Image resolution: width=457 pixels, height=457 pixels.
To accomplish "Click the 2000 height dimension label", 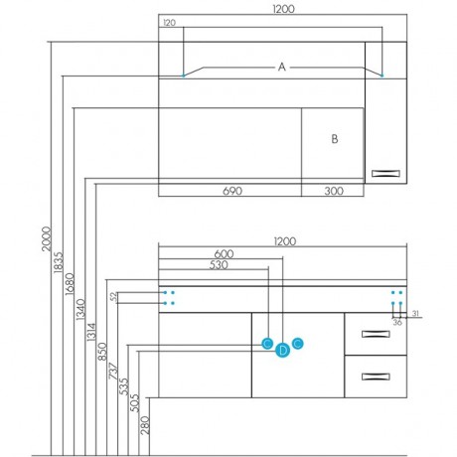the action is point(47,238).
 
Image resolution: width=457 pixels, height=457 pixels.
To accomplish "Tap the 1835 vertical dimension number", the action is point(58,262).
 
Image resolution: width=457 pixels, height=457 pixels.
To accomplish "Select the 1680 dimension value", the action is point(70,284).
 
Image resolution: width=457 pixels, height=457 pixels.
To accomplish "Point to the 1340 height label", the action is point(80,310).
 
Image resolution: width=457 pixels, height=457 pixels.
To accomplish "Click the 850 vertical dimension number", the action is point(102,352).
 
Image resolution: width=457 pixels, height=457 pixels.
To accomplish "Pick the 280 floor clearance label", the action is point(145,425).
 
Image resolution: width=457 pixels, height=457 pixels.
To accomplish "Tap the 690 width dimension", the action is point(232,191).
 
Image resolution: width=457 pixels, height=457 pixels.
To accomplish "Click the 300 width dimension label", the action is point(334,191).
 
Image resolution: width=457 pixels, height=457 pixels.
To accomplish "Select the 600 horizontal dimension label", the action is point(224,254).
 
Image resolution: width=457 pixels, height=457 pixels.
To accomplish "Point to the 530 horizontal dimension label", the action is point(219,265).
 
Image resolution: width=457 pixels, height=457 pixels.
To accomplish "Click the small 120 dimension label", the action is point(169,23).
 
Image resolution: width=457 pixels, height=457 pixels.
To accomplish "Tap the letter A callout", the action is point(281,68).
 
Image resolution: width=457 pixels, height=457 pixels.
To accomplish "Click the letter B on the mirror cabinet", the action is point(335,139).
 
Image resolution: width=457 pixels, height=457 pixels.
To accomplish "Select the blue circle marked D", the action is point(282,351).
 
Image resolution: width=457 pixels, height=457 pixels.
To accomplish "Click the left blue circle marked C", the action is point(267,344).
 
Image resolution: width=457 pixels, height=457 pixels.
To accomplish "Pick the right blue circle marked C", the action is point(298,344).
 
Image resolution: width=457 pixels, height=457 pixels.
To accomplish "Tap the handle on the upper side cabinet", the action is point(385,174).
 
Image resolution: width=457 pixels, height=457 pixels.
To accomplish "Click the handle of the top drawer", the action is point(376,334).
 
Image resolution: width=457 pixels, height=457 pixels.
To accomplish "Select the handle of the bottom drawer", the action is point(376,377).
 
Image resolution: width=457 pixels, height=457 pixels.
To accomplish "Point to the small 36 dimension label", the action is point(397,322).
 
